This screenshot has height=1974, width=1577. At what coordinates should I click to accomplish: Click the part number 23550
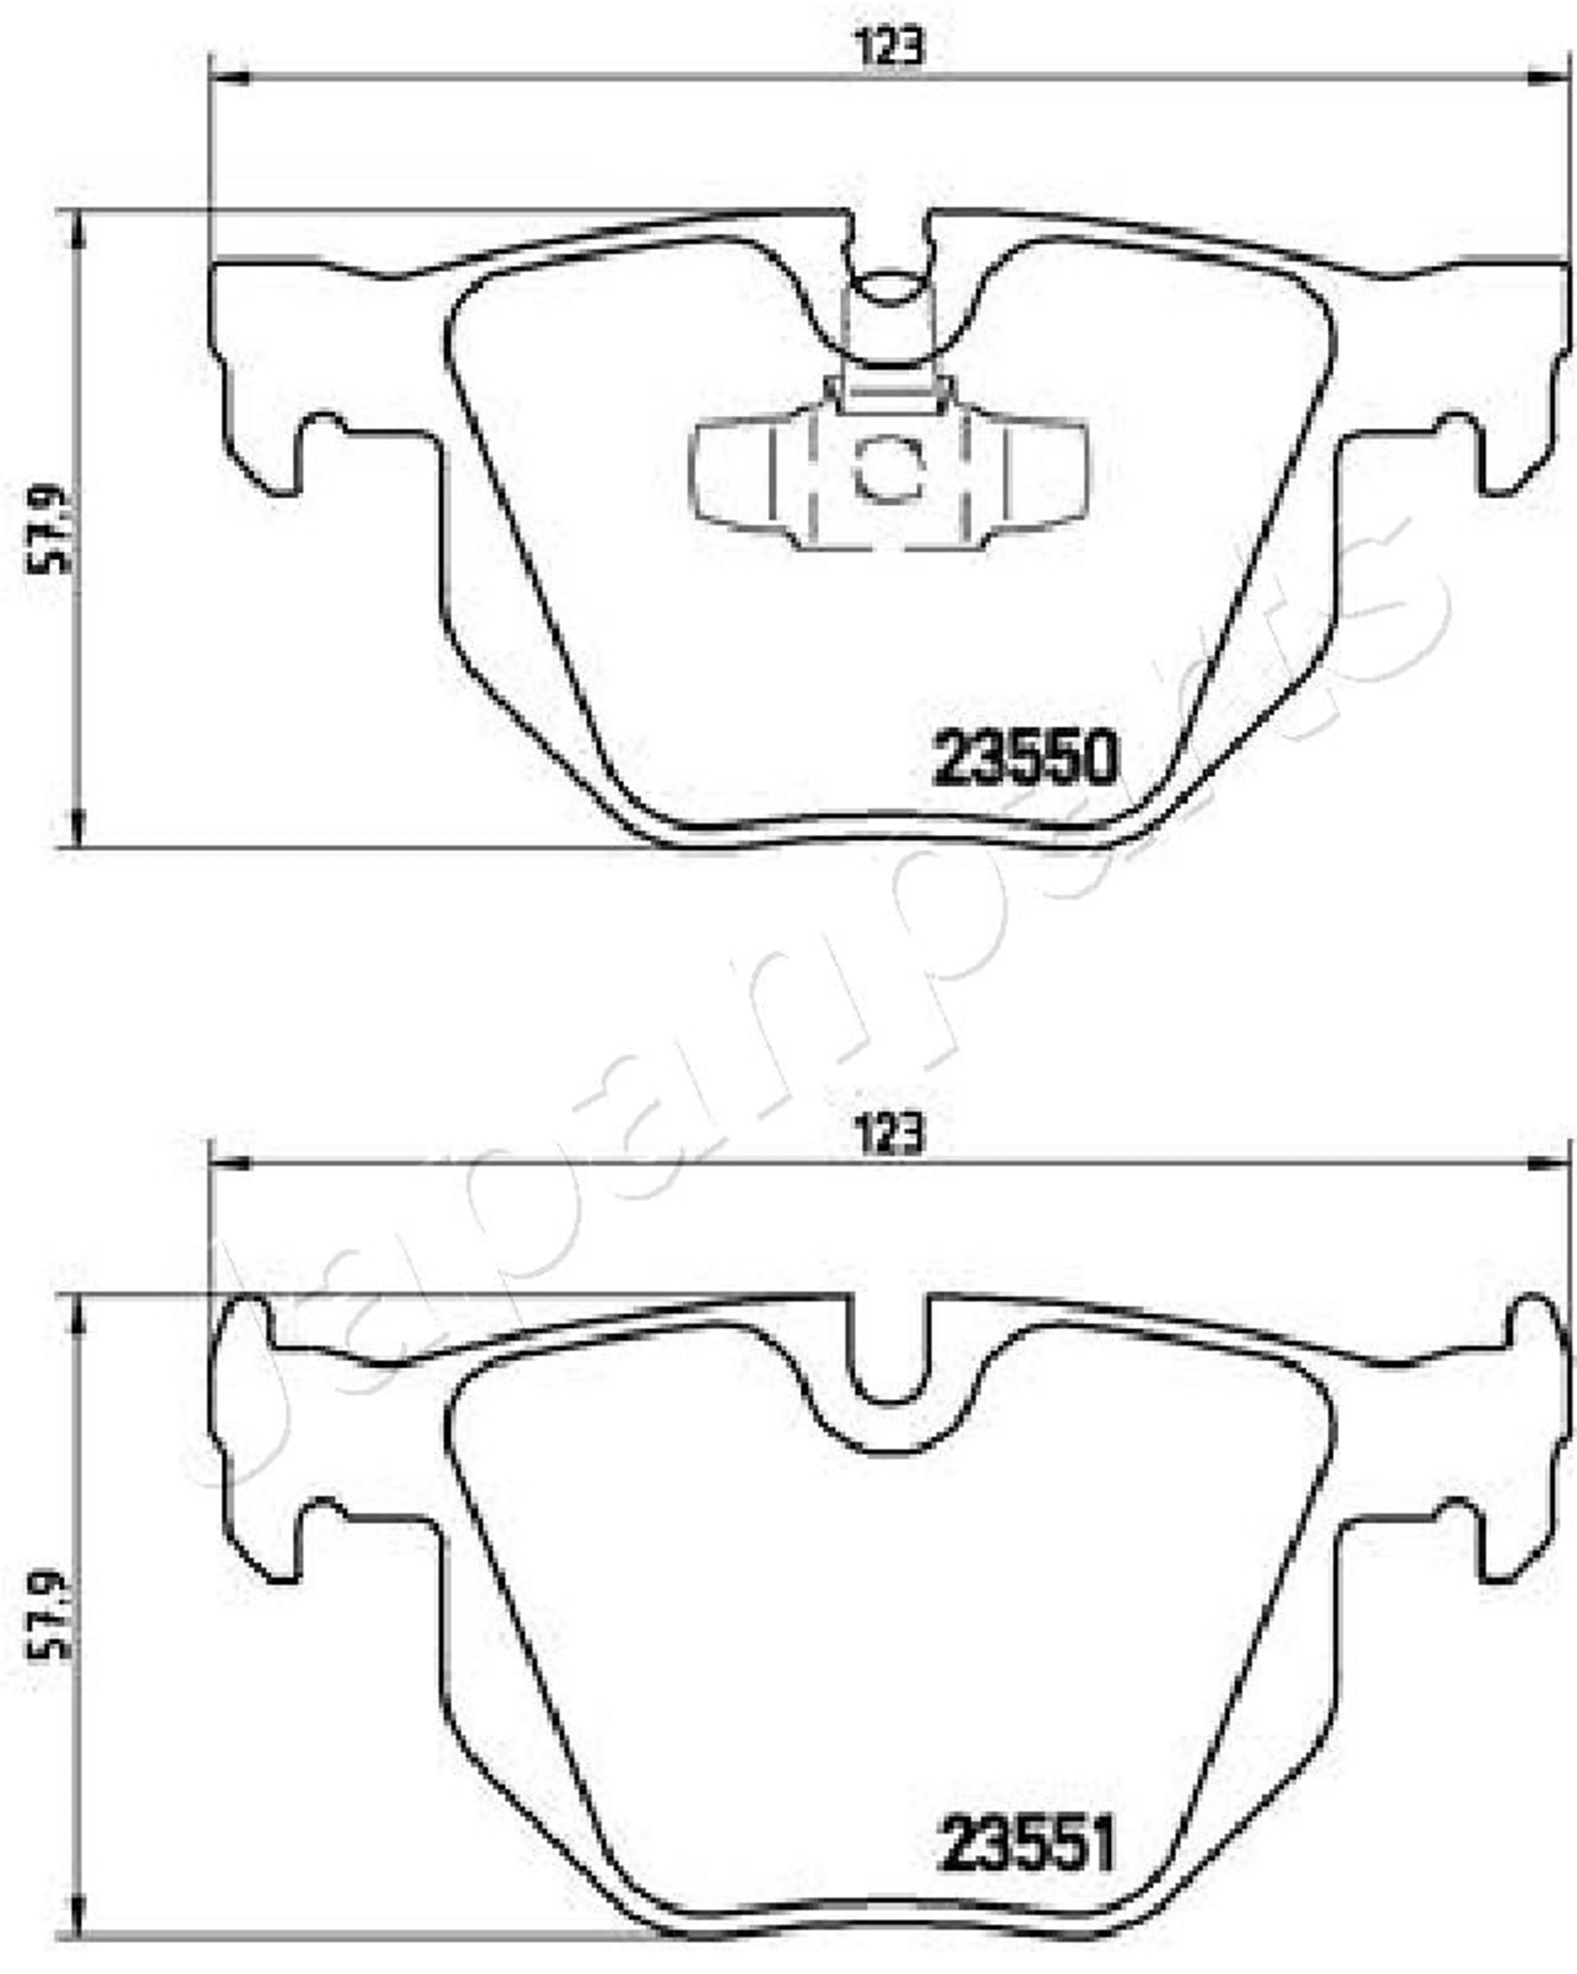pos(1025,758)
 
